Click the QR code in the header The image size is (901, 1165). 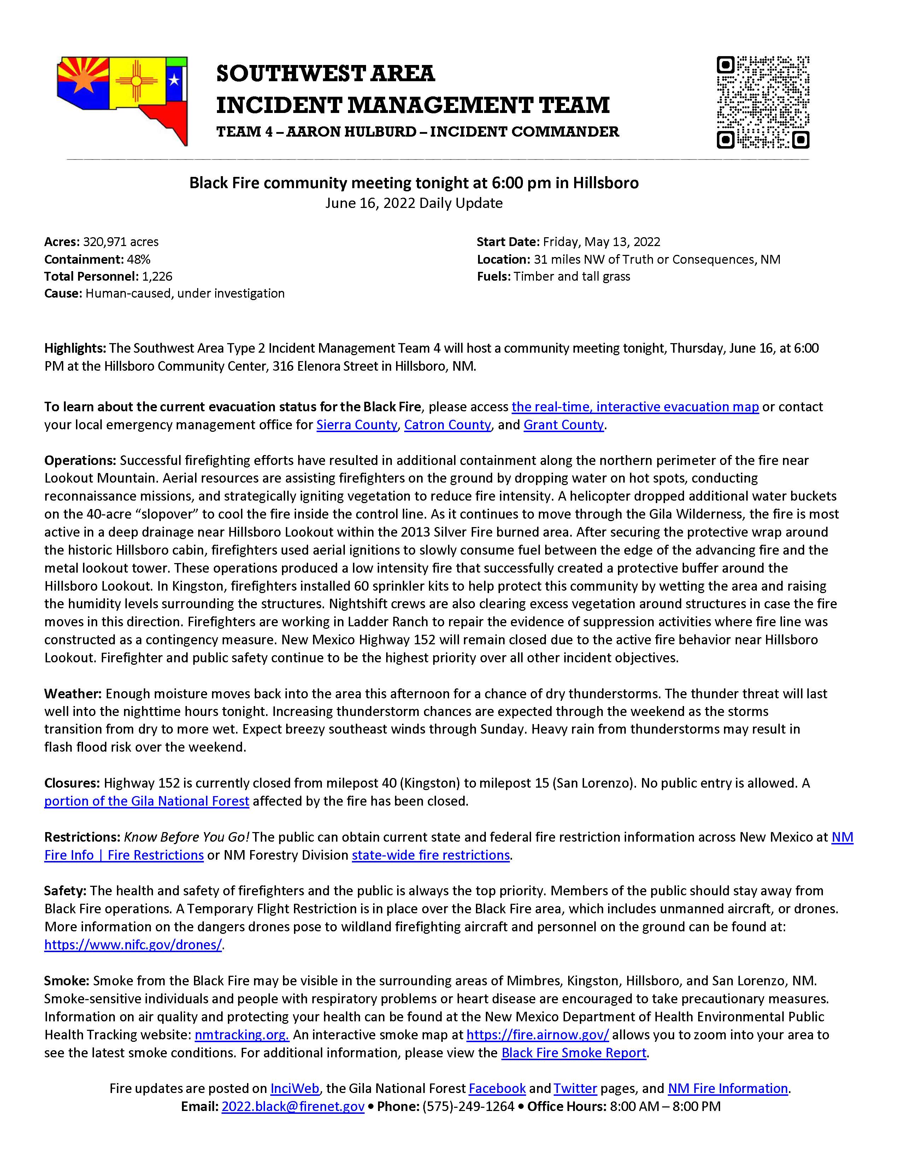click(x=763, y=102)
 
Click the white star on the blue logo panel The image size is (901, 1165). click(x=174, y=80)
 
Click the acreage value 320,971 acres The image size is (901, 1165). click(x=120, y=241)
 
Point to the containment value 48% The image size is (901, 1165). click(x=138, y=259)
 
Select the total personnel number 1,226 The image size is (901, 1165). click(x=157, y=276)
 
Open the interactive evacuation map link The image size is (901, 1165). click(x=635, y=407)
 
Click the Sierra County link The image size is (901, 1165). click(x=357, y=425)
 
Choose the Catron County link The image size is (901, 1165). click(x=447, y=425)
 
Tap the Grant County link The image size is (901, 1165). click(x=563, y=425)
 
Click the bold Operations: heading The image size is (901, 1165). click(x=80, y=460)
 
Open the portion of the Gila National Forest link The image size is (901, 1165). click(x=147, y=801)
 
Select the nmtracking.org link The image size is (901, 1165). click(x=241, y=1035)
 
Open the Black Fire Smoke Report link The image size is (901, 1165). click(x=574, y=1053)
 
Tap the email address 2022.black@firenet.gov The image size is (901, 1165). click(x=293, y=1106)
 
